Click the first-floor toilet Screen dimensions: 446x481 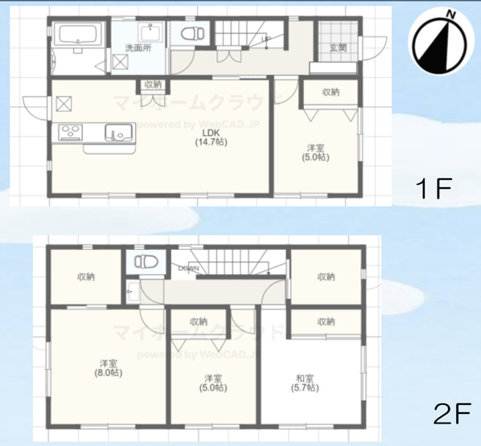tap(191, 34)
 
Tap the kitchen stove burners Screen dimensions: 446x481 tap(69, 131)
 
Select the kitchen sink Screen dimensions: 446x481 tap(118, 132)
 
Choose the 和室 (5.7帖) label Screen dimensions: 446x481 tap(304, 382)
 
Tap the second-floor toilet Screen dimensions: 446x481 tap(145, 262)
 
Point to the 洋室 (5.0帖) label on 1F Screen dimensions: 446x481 tap(316, 152)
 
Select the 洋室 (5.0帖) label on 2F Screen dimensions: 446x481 tap(212, 382)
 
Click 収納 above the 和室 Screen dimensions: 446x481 tap(326, 321)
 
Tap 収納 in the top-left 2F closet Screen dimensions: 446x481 tap(86, 277)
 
